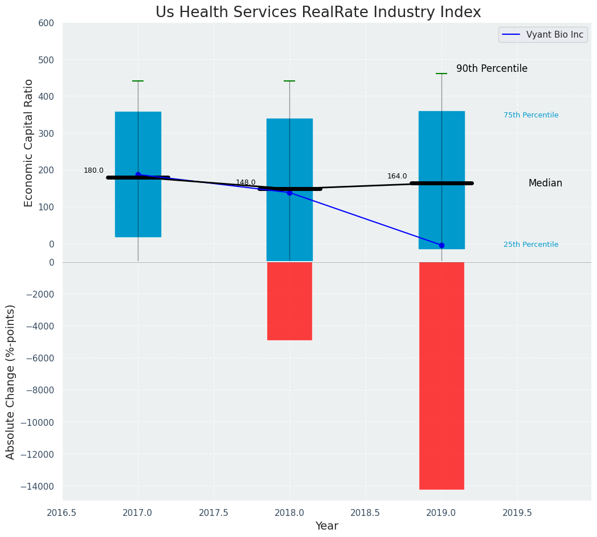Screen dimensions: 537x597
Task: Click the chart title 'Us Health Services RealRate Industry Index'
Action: tap(318, 13)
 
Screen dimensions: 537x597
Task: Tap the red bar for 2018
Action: tap(289, 301)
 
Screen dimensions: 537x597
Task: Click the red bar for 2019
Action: tap(441, 375)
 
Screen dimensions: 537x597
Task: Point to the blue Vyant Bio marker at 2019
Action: tap(441, 245)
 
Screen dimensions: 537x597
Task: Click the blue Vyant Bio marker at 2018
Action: tap(289, 193)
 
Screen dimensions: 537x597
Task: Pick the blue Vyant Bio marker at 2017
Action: tap(138, 174)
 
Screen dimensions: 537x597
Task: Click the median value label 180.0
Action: tap(93, 170)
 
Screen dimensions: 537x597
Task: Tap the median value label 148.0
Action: tap(246, 182)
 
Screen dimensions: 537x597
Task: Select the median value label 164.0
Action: tap(397, 176)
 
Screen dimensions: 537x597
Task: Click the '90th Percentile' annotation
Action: tap(492, 68)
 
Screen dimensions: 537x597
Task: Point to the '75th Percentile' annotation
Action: tap(530, 115)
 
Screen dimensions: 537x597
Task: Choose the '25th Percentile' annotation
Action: tap(530, 245)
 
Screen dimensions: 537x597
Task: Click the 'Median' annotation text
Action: tap(545, 183)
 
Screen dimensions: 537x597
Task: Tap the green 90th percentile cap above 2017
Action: tap(138, 81)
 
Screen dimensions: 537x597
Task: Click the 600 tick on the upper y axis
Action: tap(46, 23)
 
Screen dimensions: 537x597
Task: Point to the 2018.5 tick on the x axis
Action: tap(366, 512)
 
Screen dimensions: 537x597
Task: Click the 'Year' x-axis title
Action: tap(327, 526)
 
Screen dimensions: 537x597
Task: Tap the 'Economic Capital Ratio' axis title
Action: tap(29, 143)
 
